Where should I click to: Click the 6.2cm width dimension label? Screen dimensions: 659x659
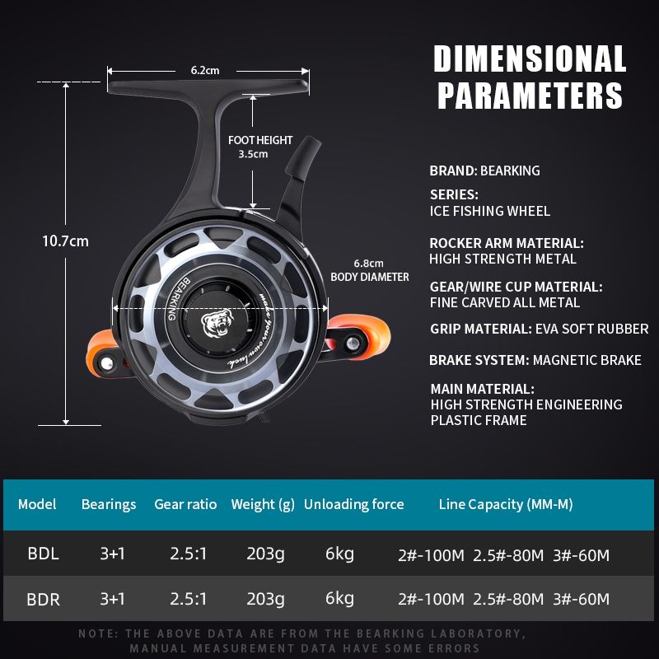click(205, 70)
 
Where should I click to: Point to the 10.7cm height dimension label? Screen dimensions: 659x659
click(66, 241)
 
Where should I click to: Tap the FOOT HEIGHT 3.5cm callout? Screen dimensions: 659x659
click(259, 147)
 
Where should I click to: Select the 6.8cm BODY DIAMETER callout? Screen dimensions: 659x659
click(369, 270)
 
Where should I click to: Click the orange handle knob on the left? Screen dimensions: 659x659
click(102, 353)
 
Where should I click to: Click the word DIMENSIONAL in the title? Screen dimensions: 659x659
click(530, 58)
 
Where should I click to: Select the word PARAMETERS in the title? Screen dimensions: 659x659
click(530, 96)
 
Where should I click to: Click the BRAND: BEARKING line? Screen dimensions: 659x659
click(484, 171)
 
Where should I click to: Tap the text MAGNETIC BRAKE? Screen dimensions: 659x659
click(587, 360)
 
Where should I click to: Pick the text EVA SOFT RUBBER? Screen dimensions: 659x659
click(592, 329)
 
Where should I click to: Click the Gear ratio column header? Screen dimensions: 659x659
click(185, 504)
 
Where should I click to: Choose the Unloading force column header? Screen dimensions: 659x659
click(354, 504)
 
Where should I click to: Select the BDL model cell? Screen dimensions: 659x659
click(44, 554)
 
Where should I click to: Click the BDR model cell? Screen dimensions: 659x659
click(44, 599)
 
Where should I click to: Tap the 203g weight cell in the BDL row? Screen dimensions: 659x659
click(265, 554)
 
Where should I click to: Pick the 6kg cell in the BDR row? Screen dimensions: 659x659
click(339, 599)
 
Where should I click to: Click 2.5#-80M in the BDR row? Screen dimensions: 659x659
click(508, 599)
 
